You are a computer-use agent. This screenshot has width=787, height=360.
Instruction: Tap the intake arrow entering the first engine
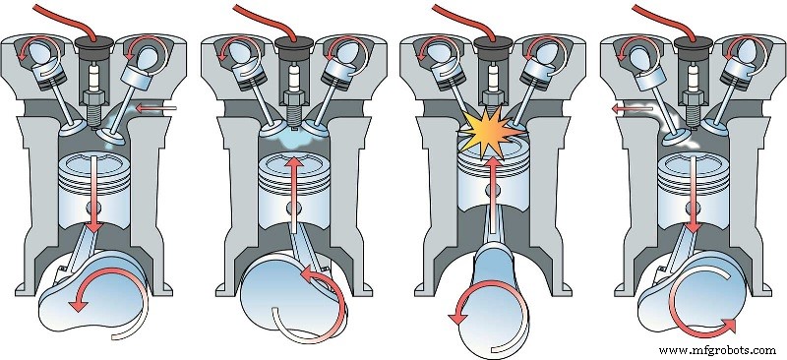157,106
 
